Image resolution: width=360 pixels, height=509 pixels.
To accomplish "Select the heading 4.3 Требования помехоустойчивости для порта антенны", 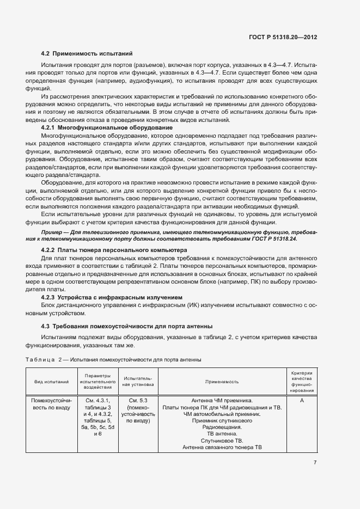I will (127, 326).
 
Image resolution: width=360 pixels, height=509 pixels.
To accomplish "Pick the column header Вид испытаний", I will (52, 383).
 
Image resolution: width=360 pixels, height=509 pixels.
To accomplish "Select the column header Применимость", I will (221, 383).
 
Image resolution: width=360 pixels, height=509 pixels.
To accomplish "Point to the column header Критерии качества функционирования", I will (301, 382).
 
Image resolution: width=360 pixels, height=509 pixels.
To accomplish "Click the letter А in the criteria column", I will (301, 400).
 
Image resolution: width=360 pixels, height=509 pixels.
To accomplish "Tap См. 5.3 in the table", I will (138, 400).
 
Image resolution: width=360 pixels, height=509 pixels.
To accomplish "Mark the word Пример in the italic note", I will (53, 232).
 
